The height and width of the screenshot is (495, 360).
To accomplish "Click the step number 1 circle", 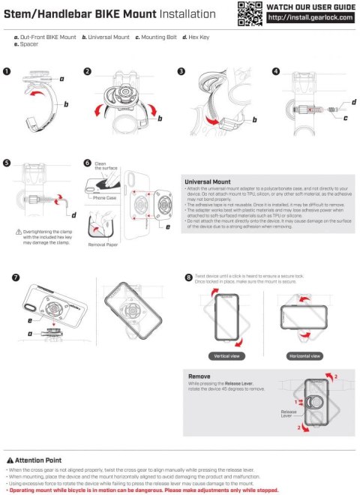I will pos(7,72).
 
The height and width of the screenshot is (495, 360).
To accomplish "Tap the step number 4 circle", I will pos(275,72).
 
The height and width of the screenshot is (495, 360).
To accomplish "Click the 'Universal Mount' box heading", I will pos(208,181).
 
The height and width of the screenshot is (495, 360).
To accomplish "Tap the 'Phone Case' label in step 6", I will pos(106,198).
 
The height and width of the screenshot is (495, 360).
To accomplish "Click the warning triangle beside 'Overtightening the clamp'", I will pos(8,232).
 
